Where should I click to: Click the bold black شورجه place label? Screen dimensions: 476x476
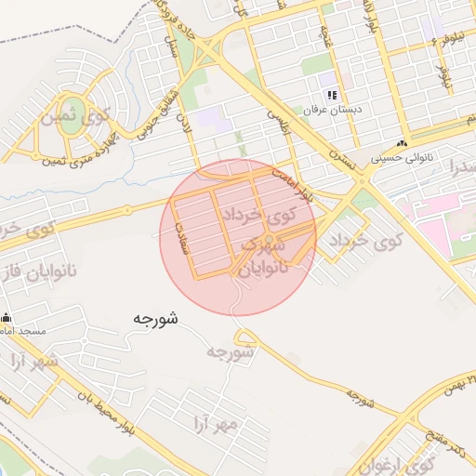pyautogui.click(x=154, y=318)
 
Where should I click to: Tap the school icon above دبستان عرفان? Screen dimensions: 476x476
pyautogui.click(x=332, y=95)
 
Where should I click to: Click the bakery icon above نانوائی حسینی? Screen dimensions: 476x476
pyautogui.click(x=402, y=144)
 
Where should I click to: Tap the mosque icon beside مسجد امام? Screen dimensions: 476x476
pyautogui.click(x=6, y=318)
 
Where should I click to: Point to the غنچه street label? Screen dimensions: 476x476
pyautogui.click(x=326, y=37)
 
